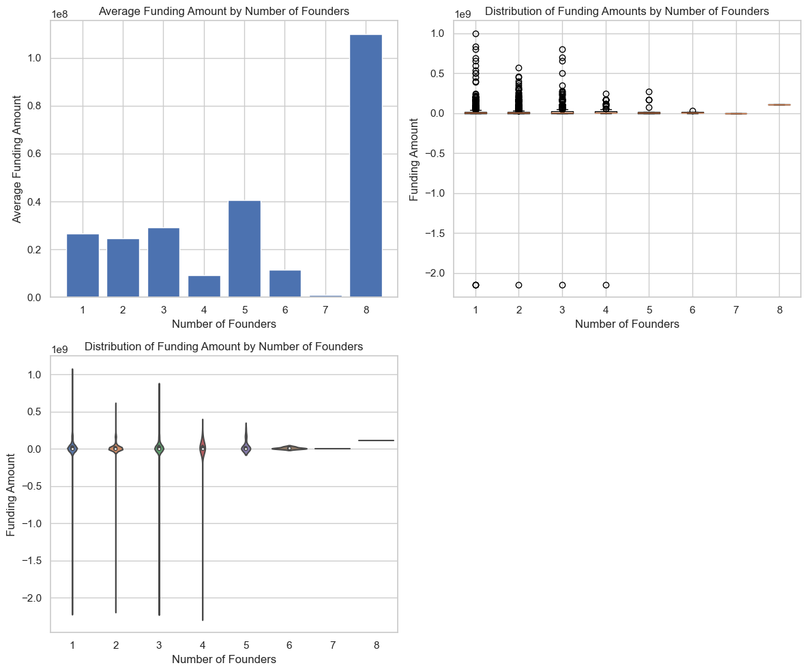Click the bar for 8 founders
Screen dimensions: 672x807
(x=366, y=165)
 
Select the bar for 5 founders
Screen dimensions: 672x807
(x=244, y=249)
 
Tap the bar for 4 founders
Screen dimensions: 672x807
(x=204, y=286)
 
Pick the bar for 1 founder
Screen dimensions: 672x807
(x=83, y=266)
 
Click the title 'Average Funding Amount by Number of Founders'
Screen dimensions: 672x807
(x=224, y=11)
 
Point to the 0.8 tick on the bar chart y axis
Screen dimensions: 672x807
(x=36, y=107)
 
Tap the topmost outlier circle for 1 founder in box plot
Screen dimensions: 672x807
(x=475, y=33)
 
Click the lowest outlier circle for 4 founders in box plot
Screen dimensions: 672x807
(x=606, y=285)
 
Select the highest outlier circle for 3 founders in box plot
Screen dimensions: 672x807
(x=562, y=50)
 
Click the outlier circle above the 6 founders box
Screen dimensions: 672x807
(x=692, y=111)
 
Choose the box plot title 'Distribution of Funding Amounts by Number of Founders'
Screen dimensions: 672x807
(x=627, y=12)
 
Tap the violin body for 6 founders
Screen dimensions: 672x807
(x=289, y=449)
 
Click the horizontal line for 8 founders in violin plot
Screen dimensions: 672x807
(x=376, y=440)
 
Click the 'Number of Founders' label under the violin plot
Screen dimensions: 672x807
(x=224, y=660)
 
